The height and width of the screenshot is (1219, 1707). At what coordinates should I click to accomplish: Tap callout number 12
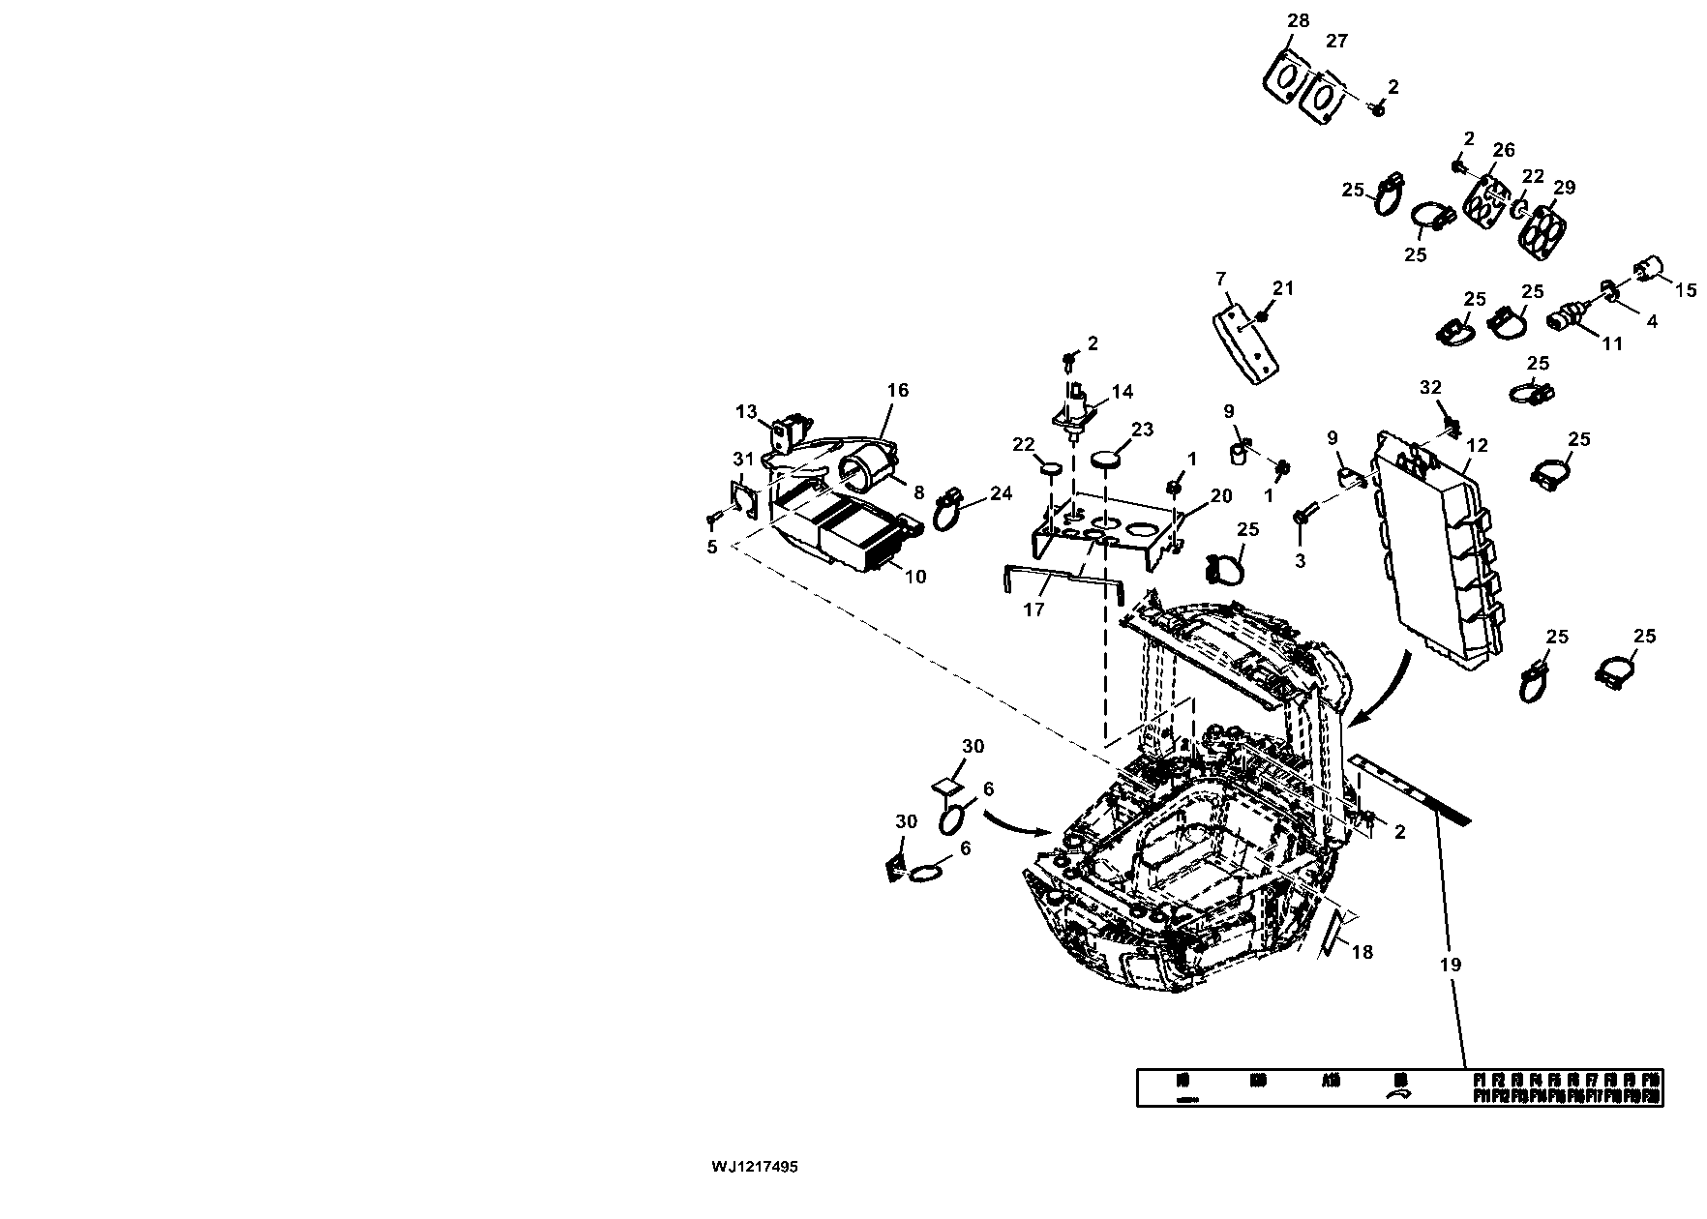(x=1477, y=446)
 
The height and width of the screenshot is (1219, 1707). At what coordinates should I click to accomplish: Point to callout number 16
(x=898, y=390)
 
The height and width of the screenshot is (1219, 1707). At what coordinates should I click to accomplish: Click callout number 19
(x=1450, y=965)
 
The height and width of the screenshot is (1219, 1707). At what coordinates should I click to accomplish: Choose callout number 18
(x=1362, y=952)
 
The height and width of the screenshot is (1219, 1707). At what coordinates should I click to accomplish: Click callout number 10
(x=914, y=577)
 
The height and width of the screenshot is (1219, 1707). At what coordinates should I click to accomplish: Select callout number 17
(x=1034, y=609)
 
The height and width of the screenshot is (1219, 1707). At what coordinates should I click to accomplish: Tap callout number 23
(x=1144, y=430)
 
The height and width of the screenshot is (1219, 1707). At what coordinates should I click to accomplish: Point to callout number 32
(x=1430, y=388)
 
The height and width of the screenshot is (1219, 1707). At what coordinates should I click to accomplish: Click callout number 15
(x=1686, y=289)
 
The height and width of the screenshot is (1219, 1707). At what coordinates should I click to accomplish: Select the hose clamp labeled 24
(x=275, y=510)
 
